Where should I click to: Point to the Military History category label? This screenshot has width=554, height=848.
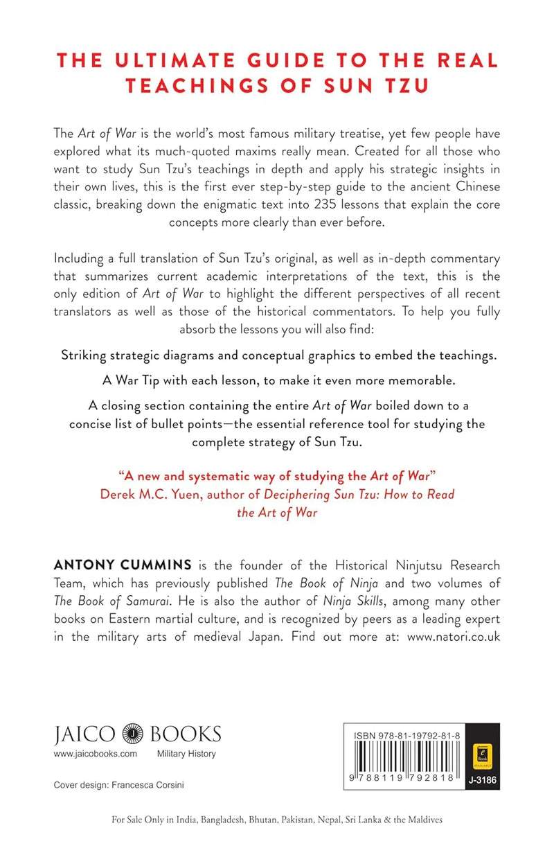click(x=186, y=754)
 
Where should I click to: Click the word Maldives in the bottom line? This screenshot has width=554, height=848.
click(x=420, y=820)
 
